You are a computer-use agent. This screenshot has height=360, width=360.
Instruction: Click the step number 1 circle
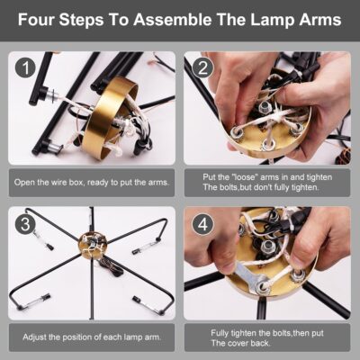pos(26,68)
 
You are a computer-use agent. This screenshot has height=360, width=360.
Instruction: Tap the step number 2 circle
pos(202,68)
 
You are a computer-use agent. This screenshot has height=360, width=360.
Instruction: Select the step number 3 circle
pos(26,224)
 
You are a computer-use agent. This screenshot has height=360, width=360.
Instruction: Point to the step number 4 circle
pos(202,224)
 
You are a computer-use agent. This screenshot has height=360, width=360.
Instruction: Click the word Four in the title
pos(36,20)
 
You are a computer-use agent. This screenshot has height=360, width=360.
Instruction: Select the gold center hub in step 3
pos(93,245)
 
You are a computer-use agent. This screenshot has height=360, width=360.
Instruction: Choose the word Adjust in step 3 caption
pos(34,337)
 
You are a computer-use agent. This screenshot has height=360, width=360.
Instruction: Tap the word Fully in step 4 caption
pos(220,333)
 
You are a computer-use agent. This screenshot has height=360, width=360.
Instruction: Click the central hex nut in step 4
pos(266,247)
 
